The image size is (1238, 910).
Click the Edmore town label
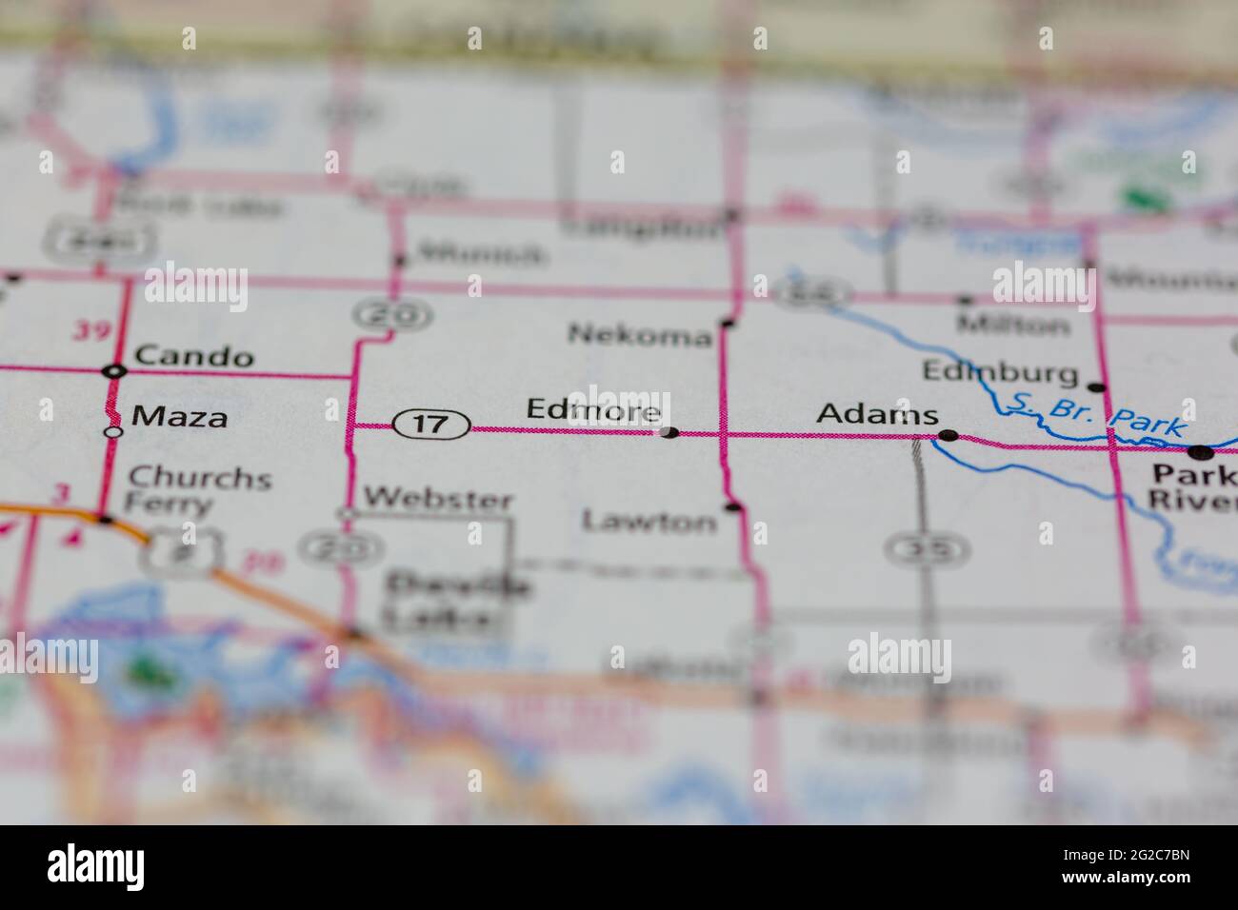coord(593,410)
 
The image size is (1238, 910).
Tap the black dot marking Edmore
coord(669,433)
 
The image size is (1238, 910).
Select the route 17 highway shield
coord(431,424)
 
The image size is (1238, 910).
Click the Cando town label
coord(194,357)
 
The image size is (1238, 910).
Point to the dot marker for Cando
coord(115,370)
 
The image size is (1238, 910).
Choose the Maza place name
coord(180,416)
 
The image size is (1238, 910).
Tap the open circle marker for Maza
coord(113,431)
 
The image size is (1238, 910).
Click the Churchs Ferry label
coord(198,490)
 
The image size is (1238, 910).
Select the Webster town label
coord(438,498)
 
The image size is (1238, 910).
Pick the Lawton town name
coord(649,521)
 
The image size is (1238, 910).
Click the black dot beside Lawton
coord(731,506)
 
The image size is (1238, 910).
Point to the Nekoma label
coord(639,335)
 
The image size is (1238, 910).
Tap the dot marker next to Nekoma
coord(728,324)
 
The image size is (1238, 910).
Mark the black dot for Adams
coord(948,436)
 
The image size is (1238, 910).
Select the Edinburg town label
coord(1000,370)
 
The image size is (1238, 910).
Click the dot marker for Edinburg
coord(1097,387)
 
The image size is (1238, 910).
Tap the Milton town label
coord(1013,325)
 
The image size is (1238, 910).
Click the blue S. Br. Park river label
coord(1100,416)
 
